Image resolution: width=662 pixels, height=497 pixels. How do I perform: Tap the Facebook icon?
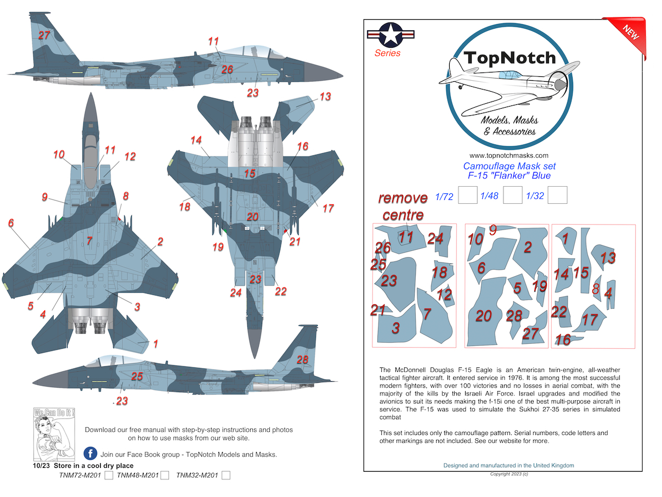point(90,454)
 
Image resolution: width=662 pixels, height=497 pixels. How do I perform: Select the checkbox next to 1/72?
point(467,195)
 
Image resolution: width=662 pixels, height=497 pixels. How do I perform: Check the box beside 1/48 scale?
point(513,195)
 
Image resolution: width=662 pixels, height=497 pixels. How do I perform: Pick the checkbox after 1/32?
point(557,195)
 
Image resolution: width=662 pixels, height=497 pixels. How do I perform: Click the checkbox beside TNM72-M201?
point(109,475)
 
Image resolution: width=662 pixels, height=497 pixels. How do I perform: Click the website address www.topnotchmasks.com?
point(509,155)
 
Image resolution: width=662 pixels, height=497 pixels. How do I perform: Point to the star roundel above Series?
point(391,35)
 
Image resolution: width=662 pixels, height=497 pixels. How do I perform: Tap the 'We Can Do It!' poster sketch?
point(54,434)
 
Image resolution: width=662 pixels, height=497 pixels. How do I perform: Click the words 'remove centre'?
point(403,206)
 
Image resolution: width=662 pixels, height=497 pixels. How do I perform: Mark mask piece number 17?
point(590,319)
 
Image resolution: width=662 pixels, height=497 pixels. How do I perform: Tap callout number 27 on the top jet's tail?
point(44,35)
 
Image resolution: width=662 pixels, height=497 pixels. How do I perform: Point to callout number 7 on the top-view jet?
point(89,241)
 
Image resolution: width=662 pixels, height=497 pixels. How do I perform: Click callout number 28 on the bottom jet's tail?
point(303,359)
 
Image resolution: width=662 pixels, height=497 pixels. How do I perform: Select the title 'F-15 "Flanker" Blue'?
point(509,175)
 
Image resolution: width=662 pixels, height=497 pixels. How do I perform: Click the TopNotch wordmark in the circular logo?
point(510,57)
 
